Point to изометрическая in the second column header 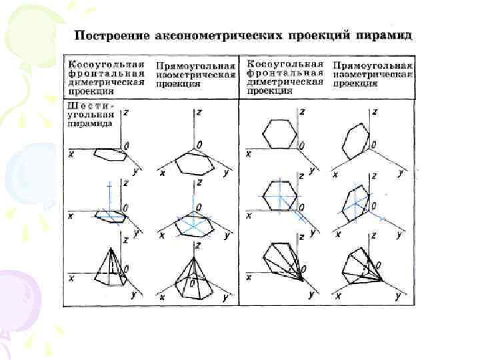(x=196, y=75)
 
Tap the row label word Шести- (x=91, y=106)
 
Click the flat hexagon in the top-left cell (x=109, y=154)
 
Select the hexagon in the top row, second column (x=193, y=163)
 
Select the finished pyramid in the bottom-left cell (x=109, y=267)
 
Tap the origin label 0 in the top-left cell (x=127, y=144)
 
